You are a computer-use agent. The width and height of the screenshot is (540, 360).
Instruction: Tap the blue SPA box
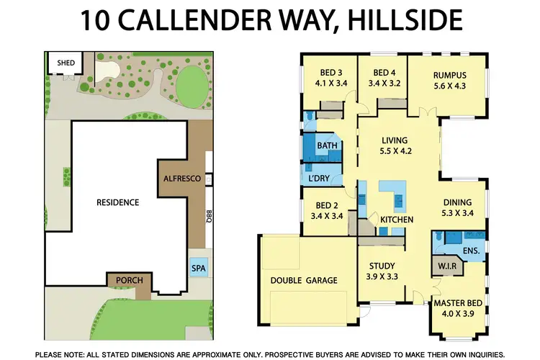(x=197, y=269)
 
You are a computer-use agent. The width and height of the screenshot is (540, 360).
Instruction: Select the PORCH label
(x=129, y=280)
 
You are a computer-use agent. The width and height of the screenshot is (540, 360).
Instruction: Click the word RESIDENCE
(x=117, y=202)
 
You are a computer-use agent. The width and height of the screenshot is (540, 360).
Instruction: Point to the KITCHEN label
(x=397, y=219)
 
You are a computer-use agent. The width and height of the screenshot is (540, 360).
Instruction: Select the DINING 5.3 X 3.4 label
(x=459, y=208)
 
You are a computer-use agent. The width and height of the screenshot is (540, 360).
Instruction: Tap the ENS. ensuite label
(x=471, y=251)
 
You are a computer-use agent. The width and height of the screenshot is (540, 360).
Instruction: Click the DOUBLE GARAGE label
(x=304, y=280)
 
